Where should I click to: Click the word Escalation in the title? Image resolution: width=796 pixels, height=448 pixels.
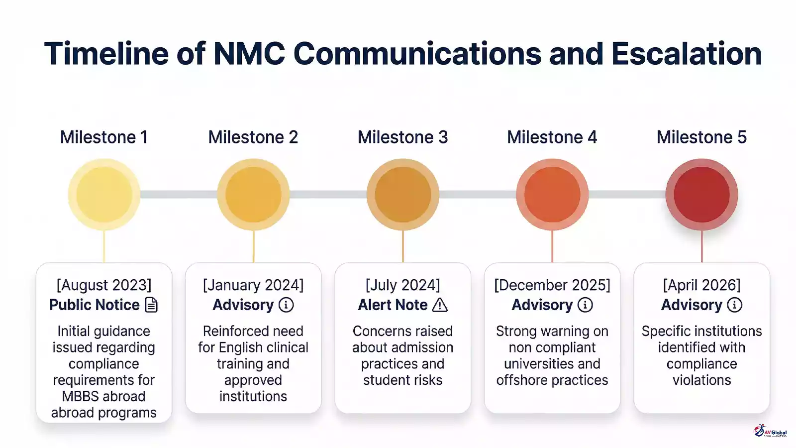(686, 54)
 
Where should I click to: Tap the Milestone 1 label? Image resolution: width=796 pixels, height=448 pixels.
(104, 137)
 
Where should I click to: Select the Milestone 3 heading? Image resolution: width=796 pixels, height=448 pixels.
(402, 137)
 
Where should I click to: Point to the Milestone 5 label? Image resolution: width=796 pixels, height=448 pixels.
(701, 137)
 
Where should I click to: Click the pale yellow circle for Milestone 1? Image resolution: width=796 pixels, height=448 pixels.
(104, 195)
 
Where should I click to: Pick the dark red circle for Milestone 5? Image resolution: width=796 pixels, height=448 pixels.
(701, 195)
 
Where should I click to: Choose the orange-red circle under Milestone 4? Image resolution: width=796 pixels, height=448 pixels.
(552, 195)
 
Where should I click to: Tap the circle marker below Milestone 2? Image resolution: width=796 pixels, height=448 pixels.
(253, 195)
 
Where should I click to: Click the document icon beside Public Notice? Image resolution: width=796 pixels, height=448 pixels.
(151, 305)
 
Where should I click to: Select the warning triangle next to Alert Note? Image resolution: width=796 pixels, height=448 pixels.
(440, 305)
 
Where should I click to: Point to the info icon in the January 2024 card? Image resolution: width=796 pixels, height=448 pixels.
(286, 305)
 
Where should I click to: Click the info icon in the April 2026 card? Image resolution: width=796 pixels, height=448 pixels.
(734, 305)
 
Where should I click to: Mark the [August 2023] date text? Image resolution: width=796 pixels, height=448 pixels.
(104, 285)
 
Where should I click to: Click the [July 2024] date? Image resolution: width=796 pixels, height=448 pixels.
(402, 285)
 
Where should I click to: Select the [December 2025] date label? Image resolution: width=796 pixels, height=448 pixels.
(552, 285)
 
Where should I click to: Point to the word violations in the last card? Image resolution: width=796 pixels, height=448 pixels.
(701, 380)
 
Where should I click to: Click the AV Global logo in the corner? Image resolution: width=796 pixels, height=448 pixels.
(770, 431)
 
